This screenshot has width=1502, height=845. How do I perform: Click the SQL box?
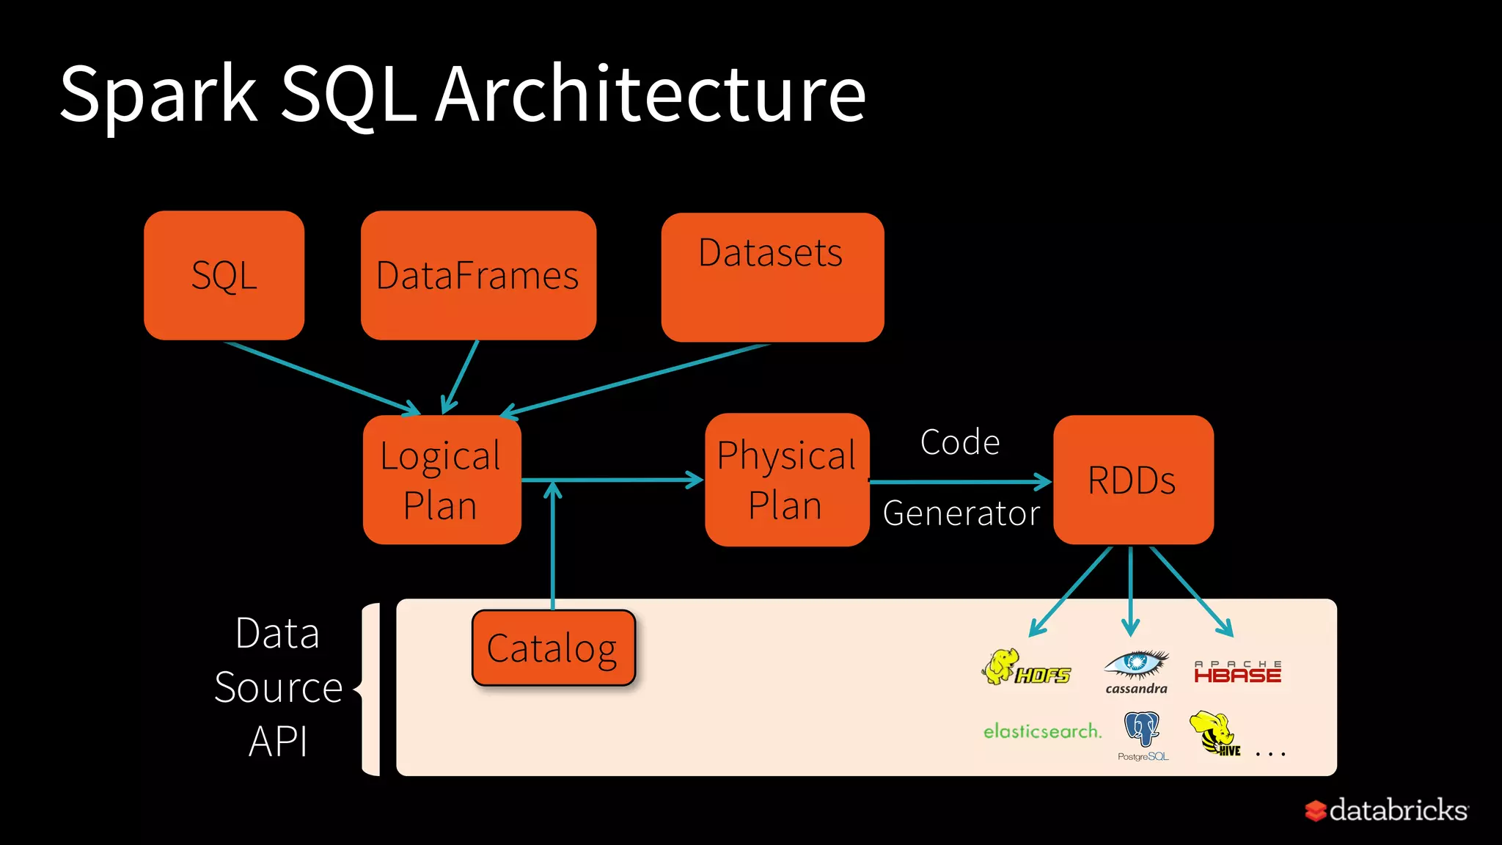[x=224, y=276]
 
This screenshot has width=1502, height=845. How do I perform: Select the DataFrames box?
[x=478, y=276]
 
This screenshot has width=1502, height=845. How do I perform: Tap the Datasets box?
[x=772, y=277]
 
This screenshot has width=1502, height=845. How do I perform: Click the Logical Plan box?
[x=442, y=480]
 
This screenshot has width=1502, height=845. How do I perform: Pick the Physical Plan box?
[x=786, y=480]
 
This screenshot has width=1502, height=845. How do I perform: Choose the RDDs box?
[x=1133, y=480]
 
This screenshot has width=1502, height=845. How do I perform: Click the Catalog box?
[x=553, y=648]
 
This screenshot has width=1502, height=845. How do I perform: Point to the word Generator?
[x=961, y=513]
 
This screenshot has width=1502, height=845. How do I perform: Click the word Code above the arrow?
[x=960, y=442]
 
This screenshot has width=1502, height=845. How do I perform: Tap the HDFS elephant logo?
[x=1025, y=667]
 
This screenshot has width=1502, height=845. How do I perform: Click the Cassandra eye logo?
[x=1136, y=670]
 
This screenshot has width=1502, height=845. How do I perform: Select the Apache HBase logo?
[x=1237, y=672]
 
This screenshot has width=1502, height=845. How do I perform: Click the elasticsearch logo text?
[x=1042, y=731]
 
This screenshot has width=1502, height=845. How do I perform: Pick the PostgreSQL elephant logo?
[x=1142, y=734]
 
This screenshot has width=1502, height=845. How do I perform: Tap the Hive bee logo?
[x=1215, y=733]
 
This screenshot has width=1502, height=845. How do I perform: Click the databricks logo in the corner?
[x=1386, y=811]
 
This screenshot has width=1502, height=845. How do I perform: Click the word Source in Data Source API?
[x=279, y=688]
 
